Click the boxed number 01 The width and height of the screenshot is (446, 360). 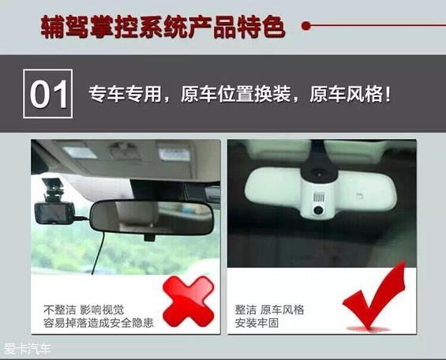(x=48, y=94)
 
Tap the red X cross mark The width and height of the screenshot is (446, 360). (x=189, y=302)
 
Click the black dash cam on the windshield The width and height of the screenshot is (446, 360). (x=54, y=212)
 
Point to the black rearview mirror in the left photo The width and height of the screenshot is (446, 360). (x=152, y=218)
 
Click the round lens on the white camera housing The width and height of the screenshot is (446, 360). (x=318, y=210)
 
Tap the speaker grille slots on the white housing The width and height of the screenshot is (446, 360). (x=319, y=197)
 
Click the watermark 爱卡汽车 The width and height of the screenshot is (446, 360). (x=28, y=349)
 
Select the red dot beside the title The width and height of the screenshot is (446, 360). (x=305, y=26)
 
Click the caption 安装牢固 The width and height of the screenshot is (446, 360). (x=257, y=323)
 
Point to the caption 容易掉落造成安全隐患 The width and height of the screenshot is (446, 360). (x=99, y=323)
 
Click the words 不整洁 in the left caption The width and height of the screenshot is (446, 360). (x=60, y=309)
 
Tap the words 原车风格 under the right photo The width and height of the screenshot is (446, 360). (x=282, y=309)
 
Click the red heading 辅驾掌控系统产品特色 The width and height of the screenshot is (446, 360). (x=163, y=27)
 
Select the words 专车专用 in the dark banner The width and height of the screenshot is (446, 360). (x=125, y=94)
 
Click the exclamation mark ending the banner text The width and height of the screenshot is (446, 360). (x=387, y=94)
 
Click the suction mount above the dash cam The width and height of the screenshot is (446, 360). (x=52, y=189)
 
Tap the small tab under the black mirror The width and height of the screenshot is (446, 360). (x=150, y=237)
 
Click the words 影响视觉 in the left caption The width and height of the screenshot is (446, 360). (x=102, y=309)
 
